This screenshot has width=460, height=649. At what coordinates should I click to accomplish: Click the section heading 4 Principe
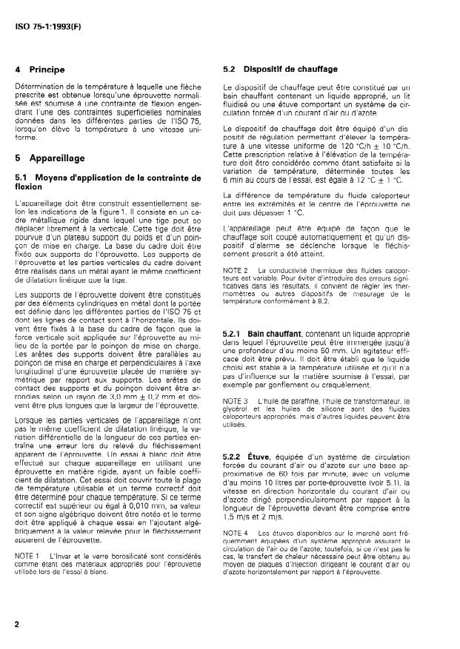tap(40, 70)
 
